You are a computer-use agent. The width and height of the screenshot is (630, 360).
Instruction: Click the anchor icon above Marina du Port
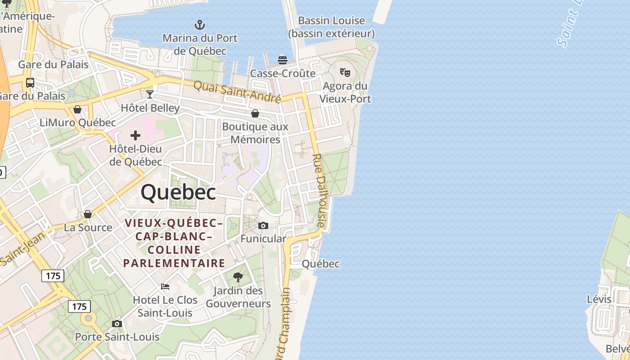tap(199, 24)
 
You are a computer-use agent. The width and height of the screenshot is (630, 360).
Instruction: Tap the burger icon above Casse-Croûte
tap(283, 60)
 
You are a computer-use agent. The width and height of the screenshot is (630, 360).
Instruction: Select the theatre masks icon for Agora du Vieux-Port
tap(345, 72)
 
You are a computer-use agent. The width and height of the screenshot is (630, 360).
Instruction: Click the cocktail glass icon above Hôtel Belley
tap(150, 94)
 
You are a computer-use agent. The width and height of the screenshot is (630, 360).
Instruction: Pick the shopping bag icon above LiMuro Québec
tap(77, 109)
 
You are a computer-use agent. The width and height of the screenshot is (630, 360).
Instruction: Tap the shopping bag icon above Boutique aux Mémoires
tap(255, 113)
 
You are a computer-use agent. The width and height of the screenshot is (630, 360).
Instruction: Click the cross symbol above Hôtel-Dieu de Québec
tap(135, 135)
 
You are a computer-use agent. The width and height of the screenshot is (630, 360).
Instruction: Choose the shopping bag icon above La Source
tap(88, 214)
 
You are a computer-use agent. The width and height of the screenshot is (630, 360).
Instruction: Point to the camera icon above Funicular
tap(263, 225)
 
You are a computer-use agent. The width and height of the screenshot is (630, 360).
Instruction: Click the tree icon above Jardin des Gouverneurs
tap(238, 277)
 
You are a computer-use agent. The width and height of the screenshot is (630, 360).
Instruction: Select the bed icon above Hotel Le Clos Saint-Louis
tap(165, 286)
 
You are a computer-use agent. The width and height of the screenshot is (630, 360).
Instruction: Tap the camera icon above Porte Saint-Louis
tap(117, 324)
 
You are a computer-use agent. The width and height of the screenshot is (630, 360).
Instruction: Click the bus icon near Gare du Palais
tap(30, 83)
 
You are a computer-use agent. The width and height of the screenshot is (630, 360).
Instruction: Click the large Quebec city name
tap(178, 193)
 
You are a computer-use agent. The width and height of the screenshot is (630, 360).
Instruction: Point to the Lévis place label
tap(599, 299)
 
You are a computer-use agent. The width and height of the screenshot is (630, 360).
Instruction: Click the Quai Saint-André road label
tap(237, 91)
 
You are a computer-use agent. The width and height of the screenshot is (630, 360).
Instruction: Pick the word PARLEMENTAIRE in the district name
tap(174, 263)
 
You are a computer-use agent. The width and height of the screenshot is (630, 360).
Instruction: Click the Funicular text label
tap(263, 238)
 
